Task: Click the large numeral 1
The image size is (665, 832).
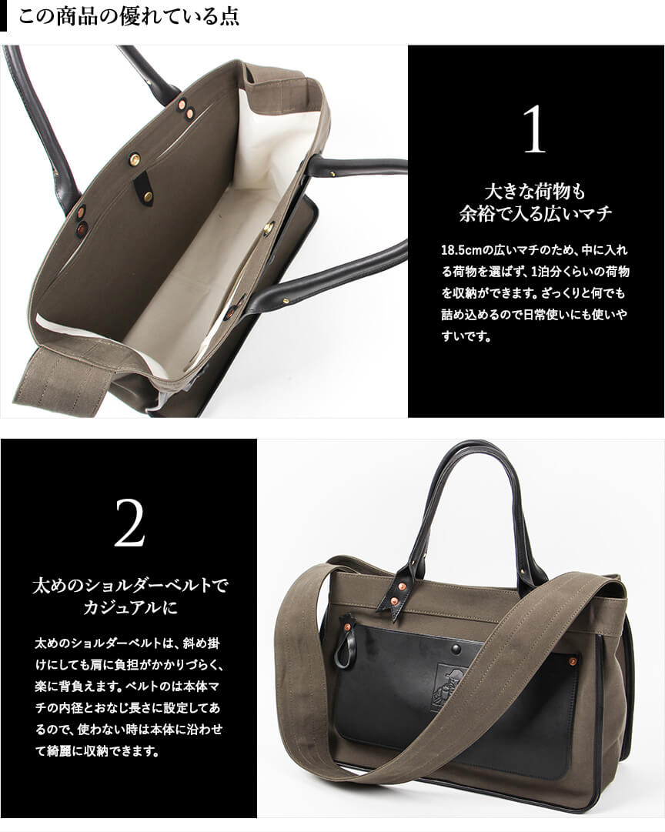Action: click(535, 129)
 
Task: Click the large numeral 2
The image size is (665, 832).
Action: click(129, 523)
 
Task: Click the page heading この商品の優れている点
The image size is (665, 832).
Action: click(129, 16)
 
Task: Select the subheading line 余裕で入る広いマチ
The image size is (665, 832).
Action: click(536, 213)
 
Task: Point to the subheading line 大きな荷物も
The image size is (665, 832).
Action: click(535, 192)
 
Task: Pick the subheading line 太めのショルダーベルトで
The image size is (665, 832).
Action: click(129, 586)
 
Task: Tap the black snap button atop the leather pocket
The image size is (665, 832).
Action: click(456, 649)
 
